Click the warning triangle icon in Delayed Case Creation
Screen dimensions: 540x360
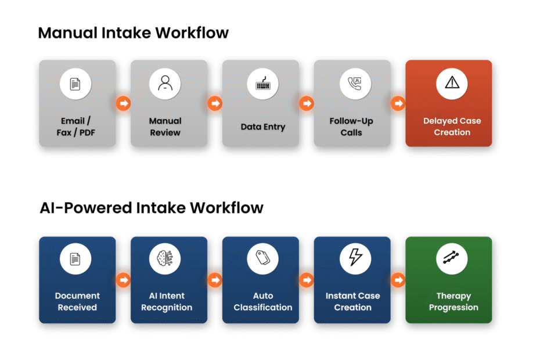point(452,82)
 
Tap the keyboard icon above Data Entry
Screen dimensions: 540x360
point(263,84)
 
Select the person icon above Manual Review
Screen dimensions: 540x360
point(165,83)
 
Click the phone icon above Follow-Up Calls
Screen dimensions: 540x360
point(355,84)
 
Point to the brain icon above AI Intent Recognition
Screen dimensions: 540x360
point(165,258)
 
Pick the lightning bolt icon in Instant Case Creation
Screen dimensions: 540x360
point(355,257)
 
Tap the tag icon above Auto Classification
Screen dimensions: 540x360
point(263,258)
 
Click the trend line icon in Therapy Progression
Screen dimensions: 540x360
point(451,257)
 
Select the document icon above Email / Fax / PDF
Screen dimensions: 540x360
point(75,84)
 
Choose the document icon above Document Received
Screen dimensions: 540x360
point(75,259)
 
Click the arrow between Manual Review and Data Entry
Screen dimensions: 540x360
point(215,103)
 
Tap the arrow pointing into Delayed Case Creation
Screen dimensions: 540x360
point(398,103)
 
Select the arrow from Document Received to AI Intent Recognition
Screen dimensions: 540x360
point(123,280)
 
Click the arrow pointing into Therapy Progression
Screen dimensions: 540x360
point(398,280)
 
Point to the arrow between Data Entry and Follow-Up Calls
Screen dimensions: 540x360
point(307,103)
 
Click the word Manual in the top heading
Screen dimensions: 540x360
point(68,33)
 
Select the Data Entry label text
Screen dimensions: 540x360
point(263,127)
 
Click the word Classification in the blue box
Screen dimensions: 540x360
point(263,307)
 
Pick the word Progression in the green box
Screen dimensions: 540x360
point(453,308)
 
